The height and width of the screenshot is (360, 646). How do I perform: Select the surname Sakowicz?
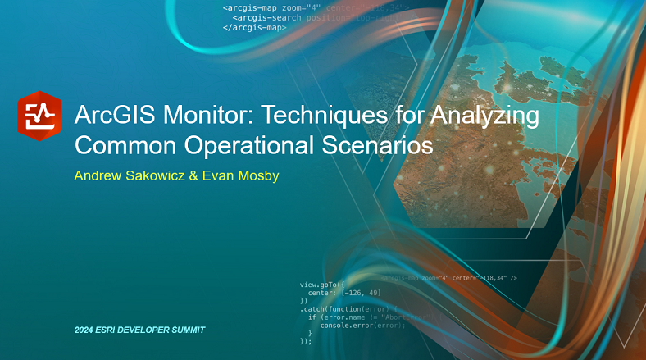coord(161,175)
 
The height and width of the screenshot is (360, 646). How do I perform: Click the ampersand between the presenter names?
coord(205,175)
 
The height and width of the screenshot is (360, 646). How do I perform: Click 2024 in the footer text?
coord(84,330)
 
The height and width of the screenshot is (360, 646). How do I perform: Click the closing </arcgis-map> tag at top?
coord(254,27)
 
